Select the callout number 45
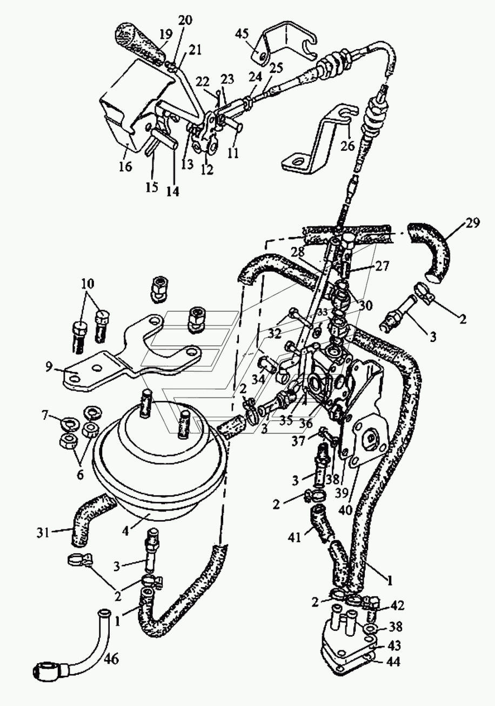click(x=242, y=33)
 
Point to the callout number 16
click(x=125, y=166)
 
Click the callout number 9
click(x=48, y=367)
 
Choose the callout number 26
click(x=348, y=146)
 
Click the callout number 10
click(x=88, y=284)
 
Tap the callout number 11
click(x=233, y=153)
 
